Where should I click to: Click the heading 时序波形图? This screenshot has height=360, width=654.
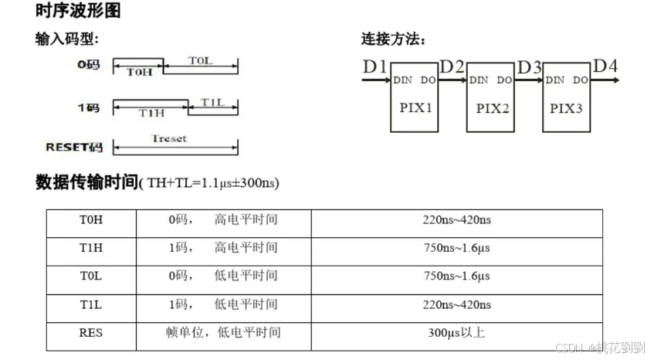coord(77,12)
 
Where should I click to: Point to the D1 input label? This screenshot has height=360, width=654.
coord(374,67)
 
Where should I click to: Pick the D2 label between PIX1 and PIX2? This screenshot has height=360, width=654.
coord(452,67)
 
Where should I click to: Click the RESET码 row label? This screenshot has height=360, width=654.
coord(75,147)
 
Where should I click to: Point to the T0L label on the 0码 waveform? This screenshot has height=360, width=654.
coord(199,59)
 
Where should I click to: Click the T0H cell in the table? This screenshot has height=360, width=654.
coord(91,220)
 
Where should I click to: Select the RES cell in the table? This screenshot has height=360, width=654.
coord(91,333)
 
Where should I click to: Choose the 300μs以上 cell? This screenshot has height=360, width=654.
coord(458,333)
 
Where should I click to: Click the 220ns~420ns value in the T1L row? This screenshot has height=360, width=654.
coord(458,305)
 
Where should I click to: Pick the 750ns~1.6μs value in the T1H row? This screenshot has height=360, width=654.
coord(458,248)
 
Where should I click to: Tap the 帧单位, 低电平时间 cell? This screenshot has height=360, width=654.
coord(223,333)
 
